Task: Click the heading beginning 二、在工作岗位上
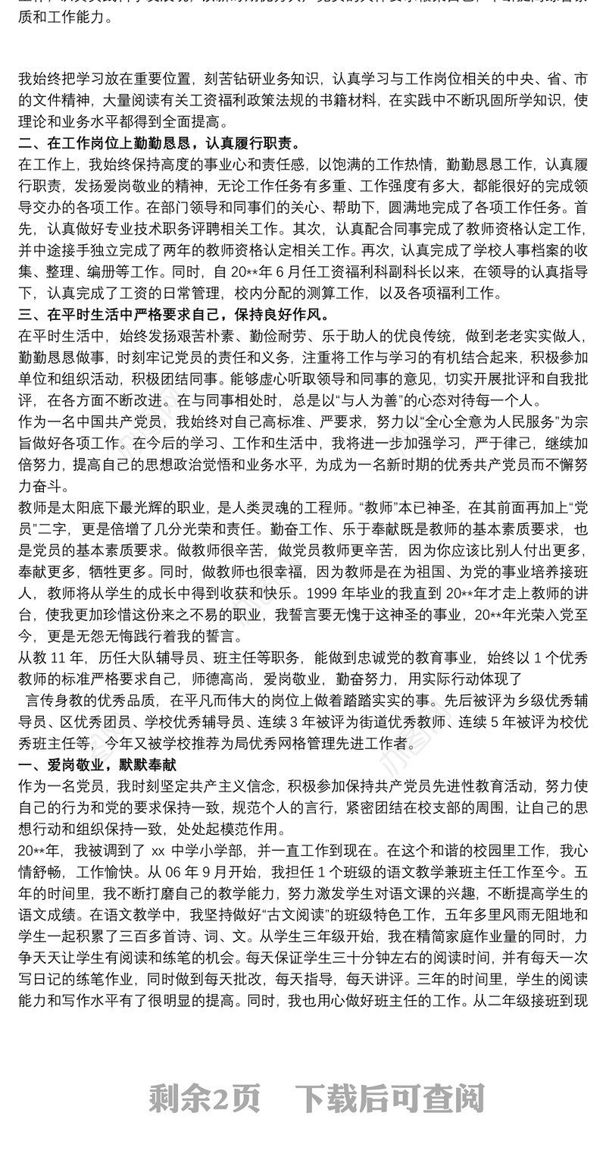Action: [159, 143]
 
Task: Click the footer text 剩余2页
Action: [205, 1097]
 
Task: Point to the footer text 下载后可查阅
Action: [389, 1097]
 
